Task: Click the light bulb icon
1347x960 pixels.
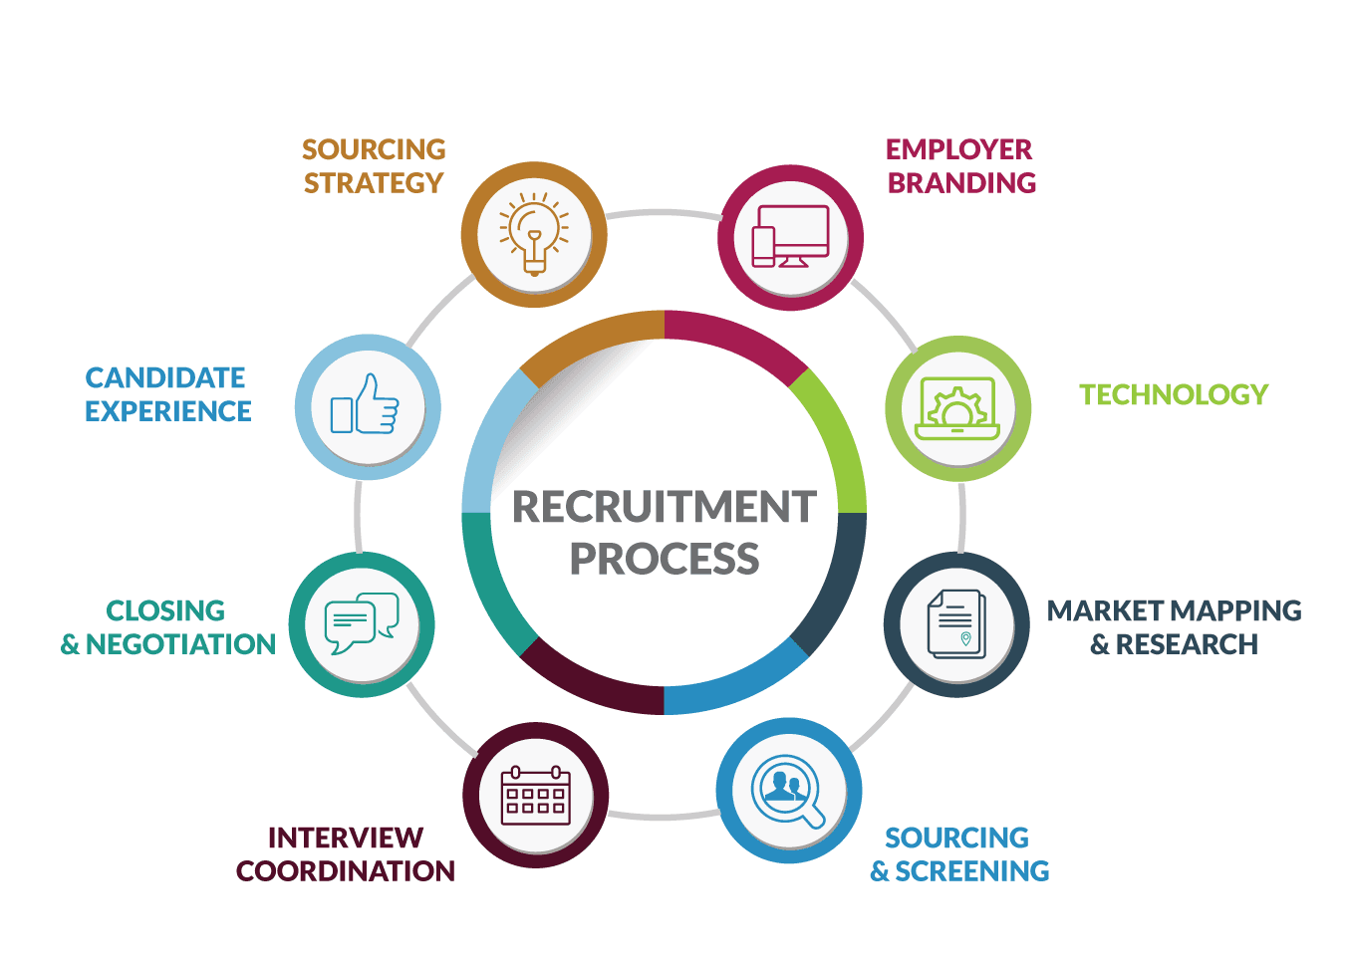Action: coord(535,235)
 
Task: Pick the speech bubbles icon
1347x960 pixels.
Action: coord(362,623)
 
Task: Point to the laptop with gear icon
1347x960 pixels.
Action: coord(957,408)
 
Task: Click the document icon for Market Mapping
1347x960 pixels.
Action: coord(955,624)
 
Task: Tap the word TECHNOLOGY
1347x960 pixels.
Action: coord(1174,395)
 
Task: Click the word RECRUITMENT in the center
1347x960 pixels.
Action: coord(665,507)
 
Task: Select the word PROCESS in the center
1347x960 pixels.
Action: coord(665,559)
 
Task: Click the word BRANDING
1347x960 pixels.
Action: coord(962,183)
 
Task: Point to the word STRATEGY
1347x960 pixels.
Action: coord(374,183)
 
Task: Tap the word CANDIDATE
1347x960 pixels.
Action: coord(165,378)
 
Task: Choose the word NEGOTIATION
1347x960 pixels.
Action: coord(180,645)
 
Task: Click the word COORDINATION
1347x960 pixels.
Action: coord(346,871)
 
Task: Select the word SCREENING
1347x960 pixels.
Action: coord(972,871)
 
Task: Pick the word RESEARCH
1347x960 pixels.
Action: coord(1187,645)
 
